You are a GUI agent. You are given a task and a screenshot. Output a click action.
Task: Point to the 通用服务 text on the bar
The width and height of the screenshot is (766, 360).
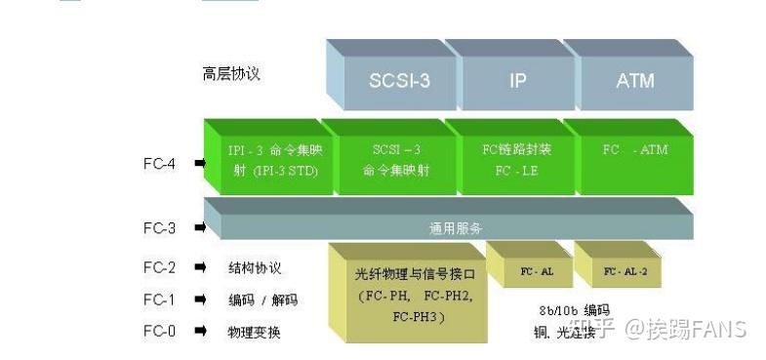pos(456,228)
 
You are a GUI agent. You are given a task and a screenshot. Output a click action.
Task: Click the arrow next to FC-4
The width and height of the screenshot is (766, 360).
pos(199,164)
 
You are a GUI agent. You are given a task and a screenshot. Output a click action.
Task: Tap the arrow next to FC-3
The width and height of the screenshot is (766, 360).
pos(199,228)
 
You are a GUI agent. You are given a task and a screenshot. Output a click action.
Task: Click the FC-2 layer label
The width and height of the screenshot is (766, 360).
pos(160,267)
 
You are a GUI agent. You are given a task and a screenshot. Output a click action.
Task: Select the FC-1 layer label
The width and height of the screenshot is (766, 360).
pos(160,300)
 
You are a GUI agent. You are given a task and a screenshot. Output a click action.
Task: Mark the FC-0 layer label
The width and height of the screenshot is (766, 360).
pos(160,332)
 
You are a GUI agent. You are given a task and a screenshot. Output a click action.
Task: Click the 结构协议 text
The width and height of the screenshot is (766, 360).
pos(255,267)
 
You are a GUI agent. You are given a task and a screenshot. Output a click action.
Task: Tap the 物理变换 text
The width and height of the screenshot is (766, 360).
pos(255,332)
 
